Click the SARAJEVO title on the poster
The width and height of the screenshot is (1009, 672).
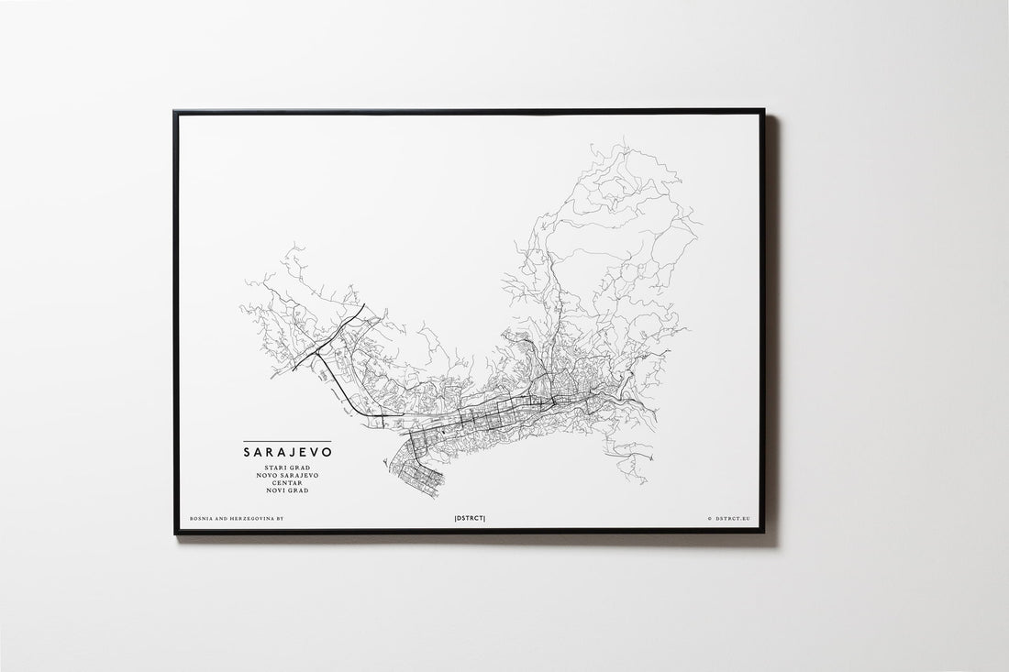[x=287, y=452]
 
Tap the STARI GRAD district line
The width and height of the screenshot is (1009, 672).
[x=287, y=468]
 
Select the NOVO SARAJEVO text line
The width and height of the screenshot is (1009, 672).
[x=287, y=476]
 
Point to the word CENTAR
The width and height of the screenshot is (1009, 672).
[x=287, y=483]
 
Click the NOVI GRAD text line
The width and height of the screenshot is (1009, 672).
[x=287, y=490]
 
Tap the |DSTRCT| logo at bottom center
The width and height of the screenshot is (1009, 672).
[x=470, y=519]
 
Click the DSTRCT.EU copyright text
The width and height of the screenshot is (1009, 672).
[x=729, y=519]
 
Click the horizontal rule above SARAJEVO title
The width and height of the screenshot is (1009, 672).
[x=287, y=442]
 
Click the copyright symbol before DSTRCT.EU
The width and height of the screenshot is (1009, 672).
[x=709, y=519]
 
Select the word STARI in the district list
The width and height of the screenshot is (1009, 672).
[x=276, y=468]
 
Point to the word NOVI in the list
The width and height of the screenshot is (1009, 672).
[x=276, y=490]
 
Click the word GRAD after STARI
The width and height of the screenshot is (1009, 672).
[x=299, y=468]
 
